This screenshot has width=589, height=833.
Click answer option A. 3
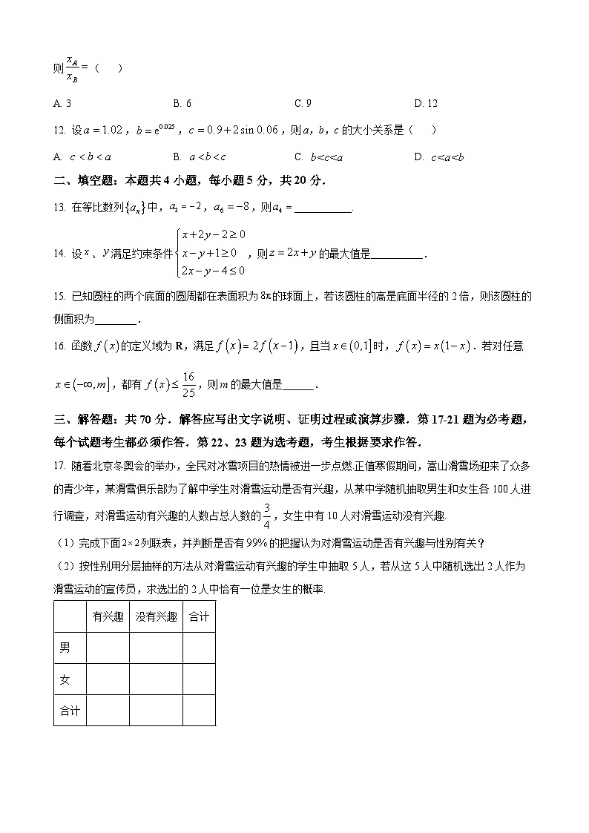[62, 104]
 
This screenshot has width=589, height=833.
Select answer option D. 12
[426, 104]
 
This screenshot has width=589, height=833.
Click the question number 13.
[59, 208]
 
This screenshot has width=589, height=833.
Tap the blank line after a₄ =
[323, 208]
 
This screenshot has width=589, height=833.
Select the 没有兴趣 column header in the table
[156, 616]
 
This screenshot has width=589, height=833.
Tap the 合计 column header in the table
[199, 616]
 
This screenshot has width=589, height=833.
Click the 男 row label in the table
[65, 648]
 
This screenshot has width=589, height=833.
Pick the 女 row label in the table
[65, 679]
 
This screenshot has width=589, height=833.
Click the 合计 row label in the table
[69, 710]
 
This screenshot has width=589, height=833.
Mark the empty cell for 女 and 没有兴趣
[156, 679]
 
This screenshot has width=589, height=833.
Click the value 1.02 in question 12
[108, 131]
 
